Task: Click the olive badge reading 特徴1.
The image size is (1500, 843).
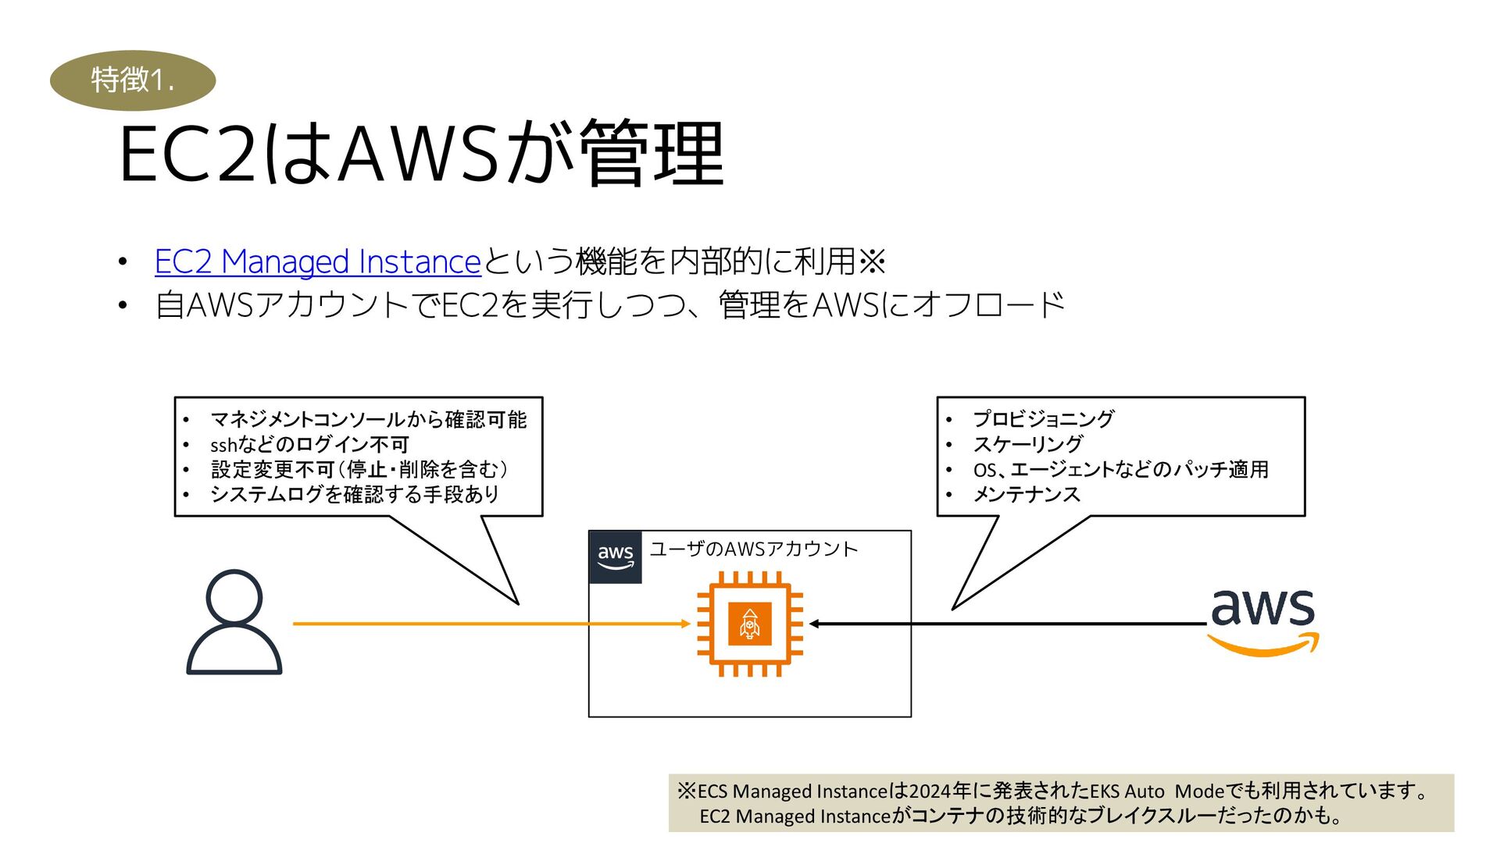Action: point(133,80)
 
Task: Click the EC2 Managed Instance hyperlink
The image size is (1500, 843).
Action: point(317,262)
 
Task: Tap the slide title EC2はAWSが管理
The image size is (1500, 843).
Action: point(422,154)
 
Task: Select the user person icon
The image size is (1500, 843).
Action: point(234,622)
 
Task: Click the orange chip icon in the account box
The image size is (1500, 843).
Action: point(750,624)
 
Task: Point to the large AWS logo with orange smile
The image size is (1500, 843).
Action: point(1262,621)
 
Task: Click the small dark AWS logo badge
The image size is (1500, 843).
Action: point(615,557)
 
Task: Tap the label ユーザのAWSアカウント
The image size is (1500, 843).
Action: point(753,550)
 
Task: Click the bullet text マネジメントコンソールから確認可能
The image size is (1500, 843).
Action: point(368,420)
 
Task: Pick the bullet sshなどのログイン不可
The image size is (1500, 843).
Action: point(309,445)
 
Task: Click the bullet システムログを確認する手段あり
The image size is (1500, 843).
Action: point(354,495)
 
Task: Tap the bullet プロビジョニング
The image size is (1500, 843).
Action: point(1043,419)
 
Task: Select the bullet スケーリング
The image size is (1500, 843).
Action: point(1027,445)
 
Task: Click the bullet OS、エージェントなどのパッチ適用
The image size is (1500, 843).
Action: point(1120,470)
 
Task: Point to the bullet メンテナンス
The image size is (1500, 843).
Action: point(1026,495)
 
